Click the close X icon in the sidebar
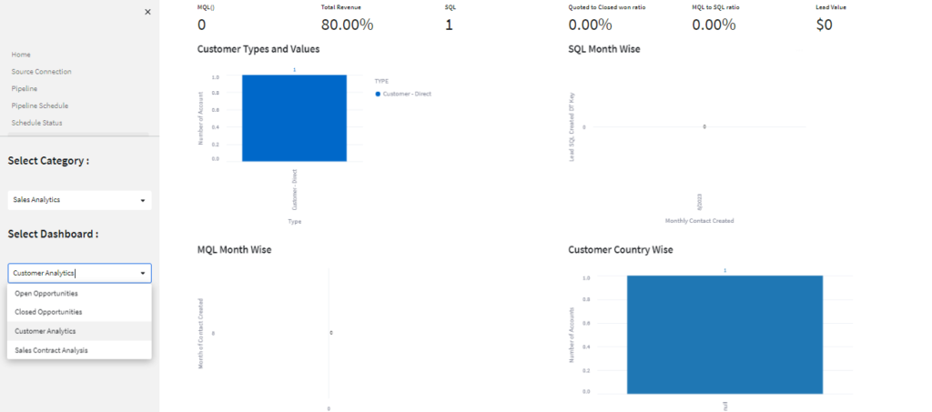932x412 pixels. (x=147, y=12)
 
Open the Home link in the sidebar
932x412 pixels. (x=21, y=55)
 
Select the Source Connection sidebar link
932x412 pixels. (x=41, y=72)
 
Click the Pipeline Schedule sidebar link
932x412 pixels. (x=40, y=106)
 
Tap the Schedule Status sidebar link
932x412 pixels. (x=36, y=123)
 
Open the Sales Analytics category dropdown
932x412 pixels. (x=79, y=200)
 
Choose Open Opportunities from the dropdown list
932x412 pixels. (x=46, y=294)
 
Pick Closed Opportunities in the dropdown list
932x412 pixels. (x=48, y=312)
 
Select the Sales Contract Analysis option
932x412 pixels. (x=52, y=350)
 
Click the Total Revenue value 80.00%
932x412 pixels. (x=347, y=25)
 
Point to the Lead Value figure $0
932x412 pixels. (x=824, y=25)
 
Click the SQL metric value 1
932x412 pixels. (x=449, y=25)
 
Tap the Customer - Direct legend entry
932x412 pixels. (x=406, y=95)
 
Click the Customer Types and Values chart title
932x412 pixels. (x=258, y=49)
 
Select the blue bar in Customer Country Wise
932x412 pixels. (x=724, y=333)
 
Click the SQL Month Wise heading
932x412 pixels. (x=603, y=49)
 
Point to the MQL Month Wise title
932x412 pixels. (x=234, y=249)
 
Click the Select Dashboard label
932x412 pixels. (x=53, y=234)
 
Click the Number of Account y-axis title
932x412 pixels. (x=201, y=116)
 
